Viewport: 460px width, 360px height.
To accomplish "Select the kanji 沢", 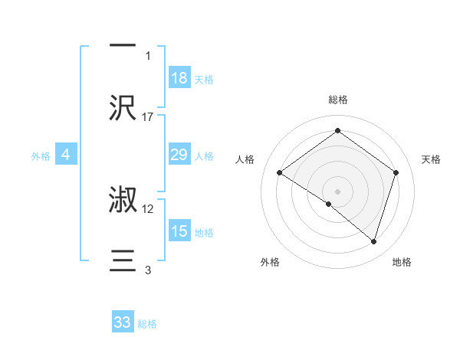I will coord(123,107).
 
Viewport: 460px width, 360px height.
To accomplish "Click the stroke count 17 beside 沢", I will coord(148,116).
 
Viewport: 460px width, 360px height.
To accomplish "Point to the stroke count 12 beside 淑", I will coord(148,208).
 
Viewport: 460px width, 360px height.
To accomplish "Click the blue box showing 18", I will coord(179,78).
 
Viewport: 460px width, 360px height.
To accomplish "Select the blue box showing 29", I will coord(179,155).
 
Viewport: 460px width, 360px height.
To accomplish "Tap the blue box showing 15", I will coord(179,231).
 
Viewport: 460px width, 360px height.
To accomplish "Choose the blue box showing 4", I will coord(66,155).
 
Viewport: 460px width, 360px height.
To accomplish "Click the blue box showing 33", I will coord(123,322).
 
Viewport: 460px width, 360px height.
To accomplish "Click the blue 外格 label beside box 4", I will coord(41,155).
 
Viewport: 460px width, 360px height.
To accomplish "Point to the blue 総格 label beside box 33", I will coord(147,324).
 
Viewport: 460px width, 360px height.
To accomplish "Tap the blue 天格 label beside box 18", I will coord(204,79).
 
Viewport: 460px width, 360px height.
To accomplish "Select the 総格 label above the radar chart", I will coord(337,100).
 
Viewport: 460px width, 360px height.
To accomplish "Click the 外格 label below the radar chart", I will coord(270,262).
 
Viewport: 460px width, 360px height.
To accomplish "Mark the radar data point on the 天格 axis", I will coord(396,172).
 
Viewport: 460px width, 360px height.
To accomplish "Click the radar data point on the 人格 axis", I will coord(280,173).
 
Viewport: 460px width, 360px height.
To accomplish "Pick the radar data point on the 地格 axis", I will coord(373,241).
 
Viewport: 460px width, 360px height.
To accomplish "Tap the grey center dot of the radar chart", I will coord(337,190).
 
